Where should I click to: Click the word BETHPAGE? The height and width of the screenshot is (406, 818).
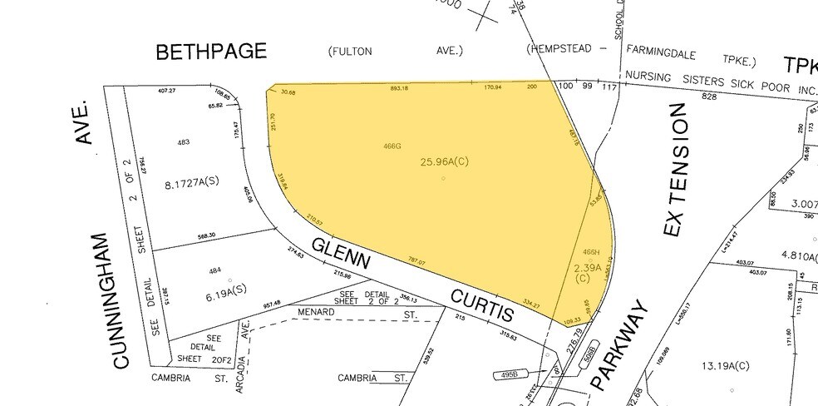pyautogui.click(x=212, y=52)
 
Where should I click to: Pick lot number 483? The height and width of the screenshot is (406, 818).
pyautogui.click(x=183, y=142)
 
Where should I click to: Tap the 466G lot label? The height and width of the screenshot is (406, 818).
pyautogui.click(x=392, y=146)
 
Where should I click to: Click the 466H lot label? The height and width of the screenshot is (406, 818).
pyautogui.click(x=591, y=251)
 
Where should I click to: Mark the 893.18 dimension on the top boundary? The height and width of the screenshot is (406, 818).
pyautogui.click(x=399, y=88)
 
